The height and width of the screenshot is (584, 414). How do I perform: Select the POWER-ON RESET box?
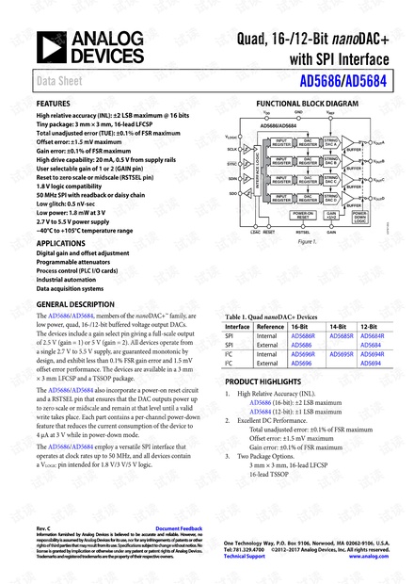(x=302, y=216)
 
